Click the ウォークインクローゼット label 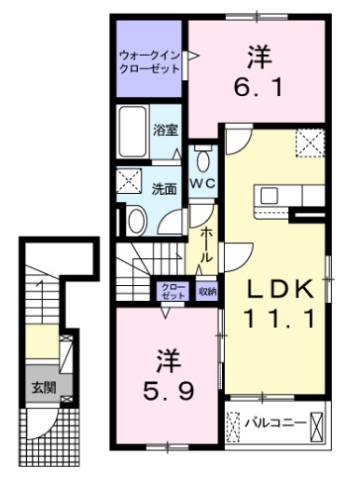pos(149,60)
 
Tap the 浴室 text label pos(168,131)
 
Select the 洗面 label pos(164,187)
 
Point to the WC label pos(204,184)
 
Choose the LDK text pos(277,291)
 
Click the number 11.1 pos(277,320)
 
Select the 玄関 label pos(39,387)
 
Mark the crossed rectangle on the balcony pos(320,424)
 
